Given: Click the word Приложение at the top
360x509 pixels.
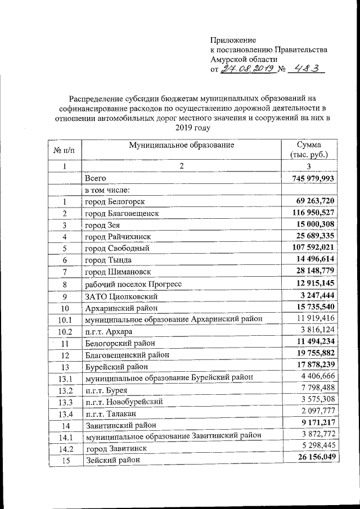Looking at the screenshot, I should (x=233, y=40).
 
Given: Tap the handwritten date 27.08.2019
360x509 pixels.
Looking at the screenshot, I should (x=247, y=69).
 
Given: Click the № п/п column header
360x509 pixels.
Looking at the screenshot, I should (x=65, y=150).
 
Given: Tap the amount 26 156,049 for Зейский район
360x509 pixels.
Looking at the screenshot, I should (x=314, y=458).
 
